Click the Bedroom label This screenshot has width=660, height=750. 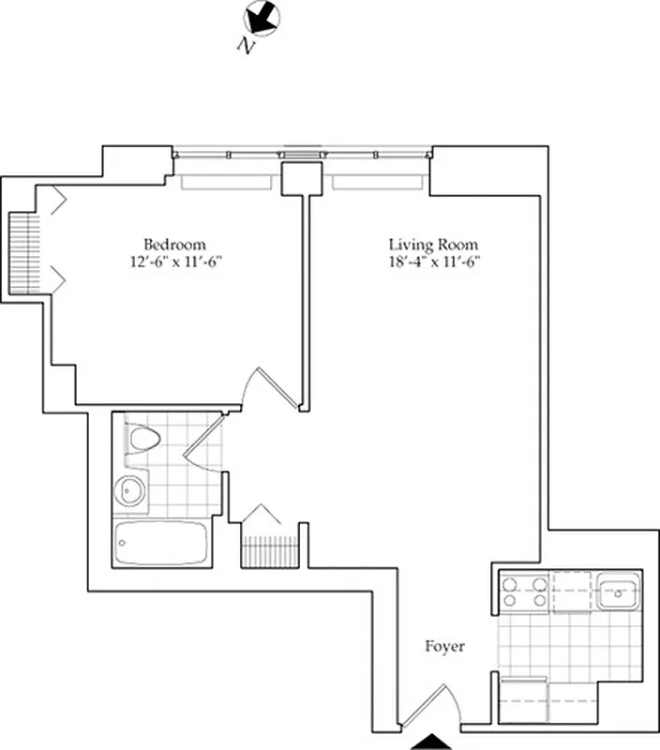174,246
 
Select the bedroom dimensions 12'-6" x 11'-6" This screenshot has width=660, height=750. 175,262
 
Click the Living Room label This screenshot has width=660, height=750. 426,246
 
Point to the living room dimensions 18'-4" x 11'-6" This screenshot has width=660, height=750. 426,262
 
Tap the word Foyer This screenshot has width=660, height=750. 444,647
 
